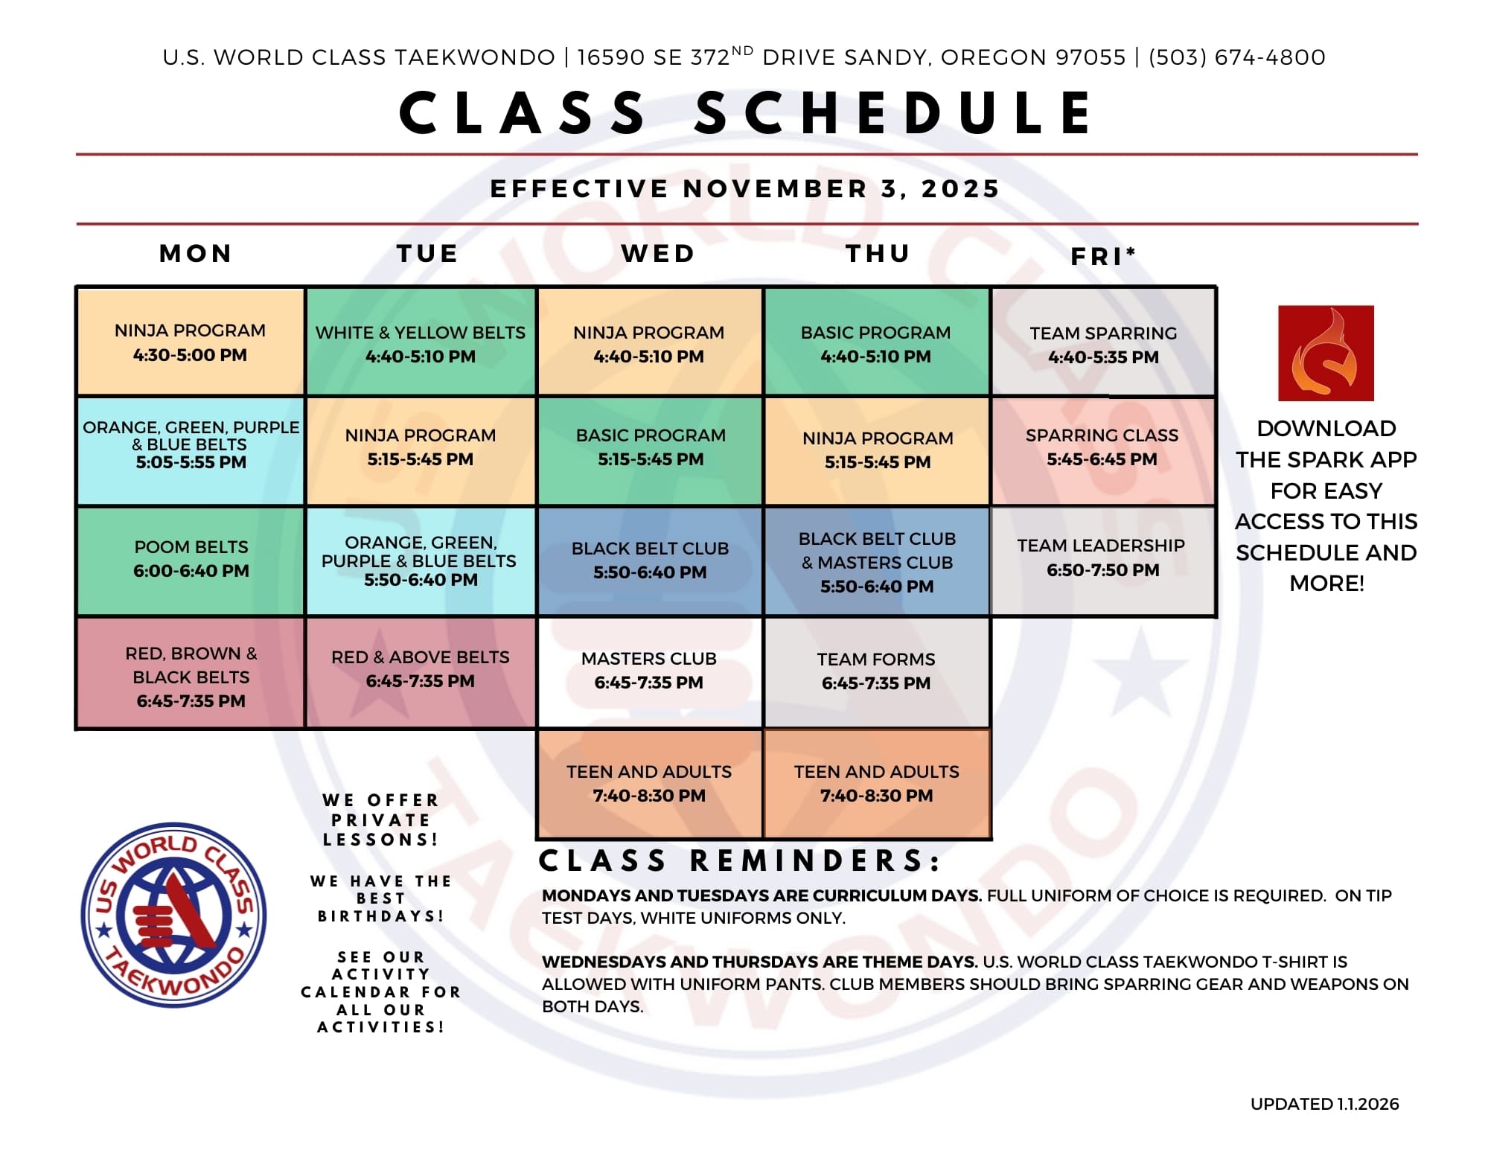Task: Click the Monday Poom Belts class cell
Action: click(191, 561)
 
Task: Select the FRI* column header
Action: click(1103, 256)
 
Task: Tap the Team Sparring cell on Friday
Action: click(1103, 342)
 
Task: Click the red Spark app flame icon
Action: click(1326, 353)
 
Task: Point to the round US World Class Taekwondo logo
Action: click(173, 915)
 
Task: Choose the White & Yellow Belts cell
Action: click(421, 342)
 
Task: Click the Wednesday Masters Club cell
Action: click(649, 671)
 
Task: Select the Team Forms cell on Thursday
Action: click(876, 671)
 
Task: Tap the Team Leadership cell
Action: click(1103, 561)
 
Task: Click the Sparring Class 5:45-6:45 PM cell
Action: click(1103, 451)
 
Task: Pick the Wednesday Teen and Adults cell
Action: click(649, 784)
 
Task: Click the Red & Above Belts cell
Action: click(421, 671)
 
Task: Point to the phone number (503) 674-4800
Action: click(1237, 57)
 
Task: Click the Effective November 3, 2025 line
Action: click(745, 188)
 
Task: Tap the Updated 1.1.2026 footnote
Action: click(1324, 1104)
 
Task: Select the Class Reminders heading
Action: click(739, 860)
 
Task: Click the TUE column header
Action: click(427, 253)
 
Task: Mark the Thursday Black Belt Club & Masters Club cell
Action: click(876, 561)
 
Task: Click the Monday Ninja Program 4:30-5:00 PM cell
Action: click(191, 342)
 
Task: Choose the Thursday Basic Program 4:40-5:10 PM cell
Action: click(876, 342)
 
